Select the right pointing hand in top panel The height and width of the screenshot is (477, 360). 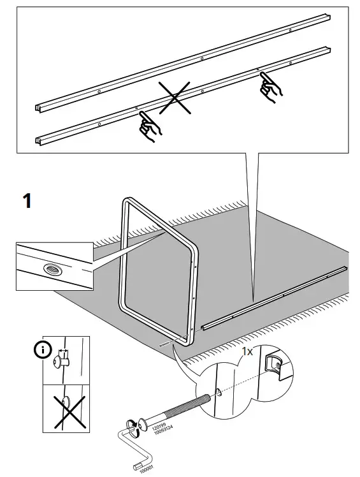[x=270, y=89]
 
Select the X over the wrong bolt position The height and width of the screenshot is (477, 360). [x=66, y=411]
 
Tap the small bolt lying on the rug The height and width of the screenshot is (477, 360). [x=166, y=342]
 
